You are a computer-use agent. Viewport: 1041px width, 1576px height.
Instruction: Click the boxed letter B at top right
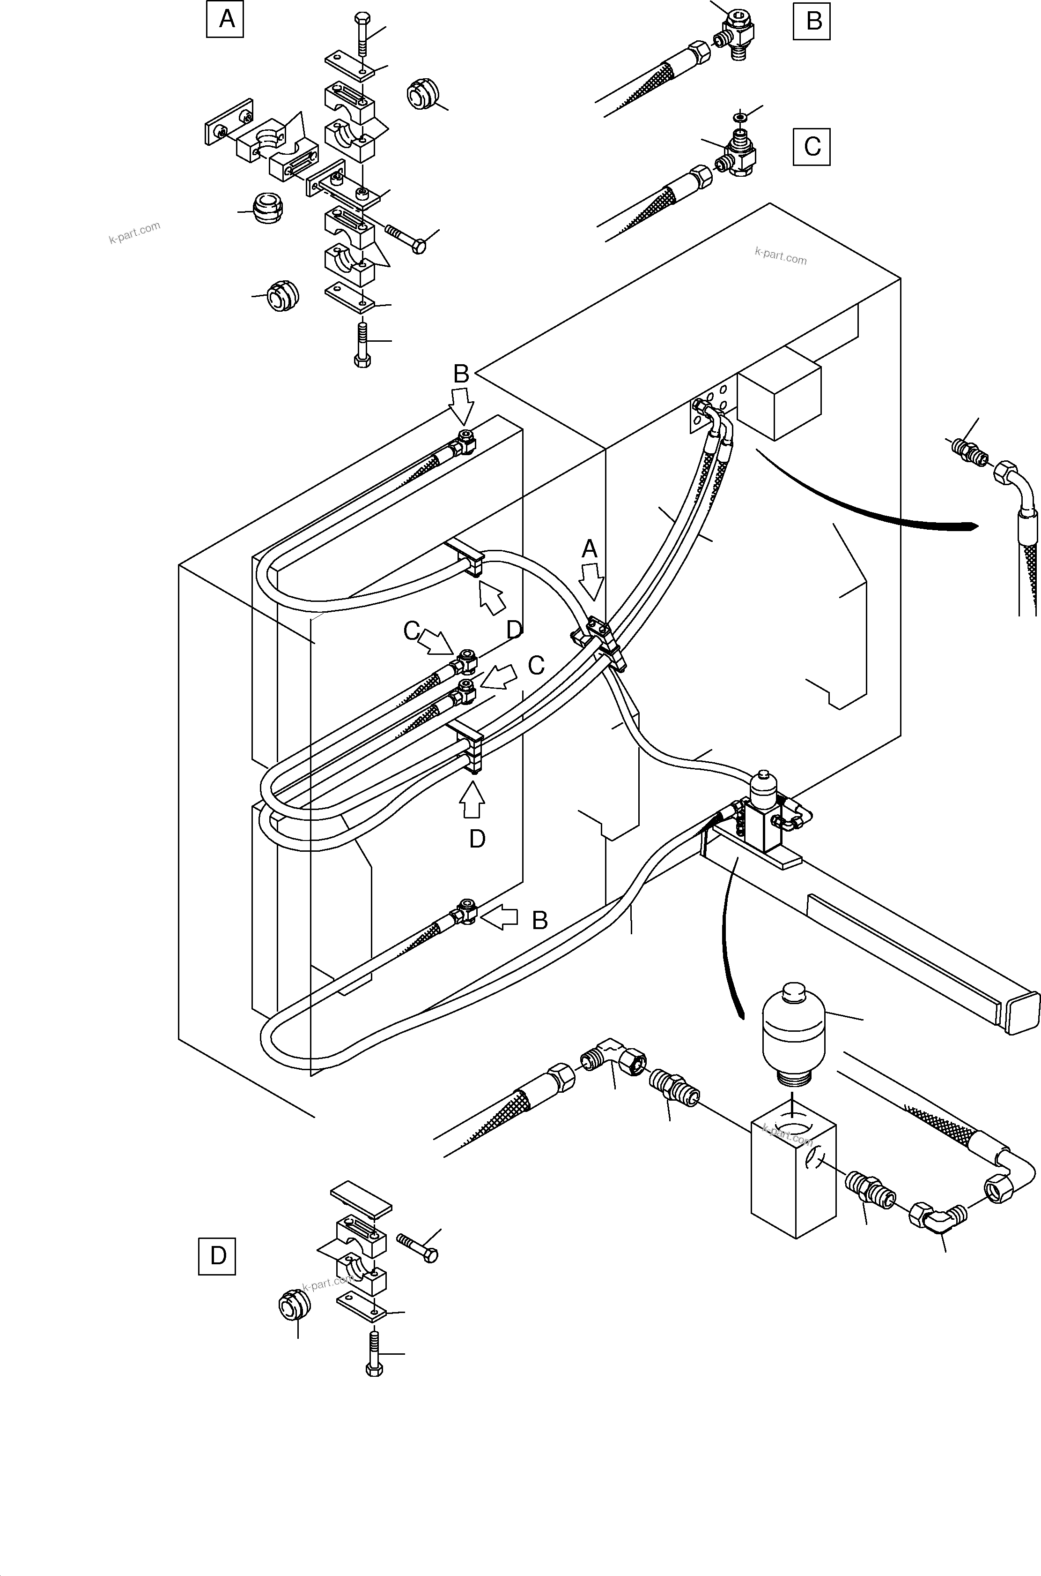pyautogui.click(x=811, y=21)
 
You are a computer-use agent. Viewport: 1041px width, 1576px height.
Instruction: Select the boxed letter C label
pyautogui.click(x=811, y=146)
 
